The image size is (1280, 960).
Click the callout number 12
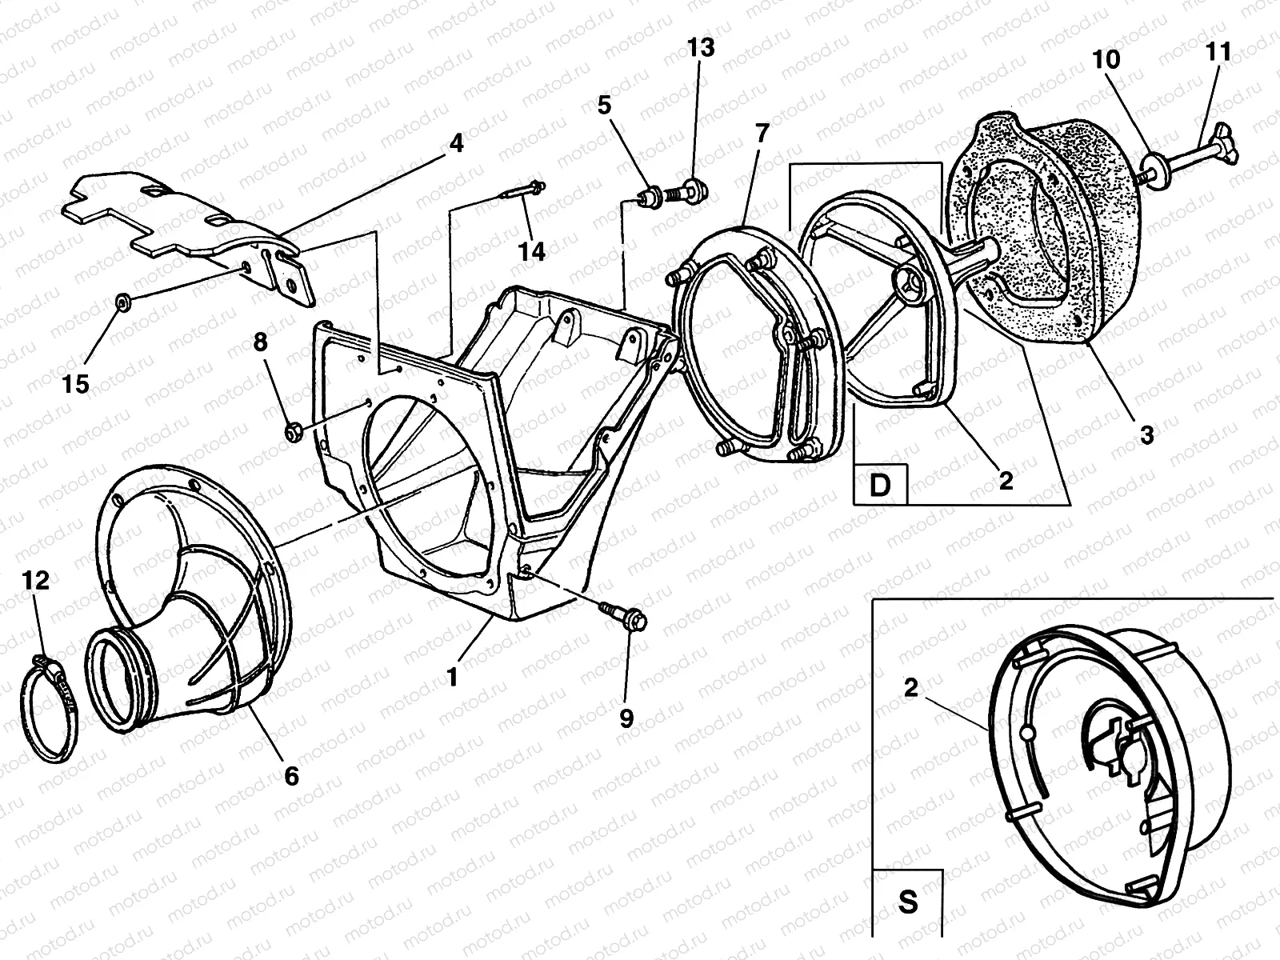tap(36, 581)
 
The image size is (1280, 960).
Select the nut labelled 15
tap(123, 302)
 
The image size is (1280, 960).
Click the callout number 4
tap(455, 144)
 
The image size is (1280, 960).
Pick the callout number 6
tap(291, 774)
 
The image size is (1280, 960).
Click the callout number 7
tap(761, 133)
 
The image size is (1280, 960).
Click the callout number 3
tap(1146, 435)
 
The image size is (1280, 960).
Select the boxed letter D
tap(879, 485)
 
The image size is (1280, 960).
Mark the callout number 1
tap(452, 677)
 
